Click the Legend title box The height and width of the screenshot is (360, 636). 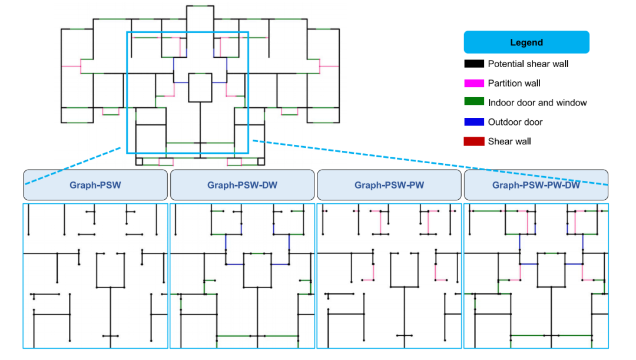[x=526, y=42]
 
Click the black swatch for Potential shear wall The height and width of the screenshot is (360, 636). [x=474, y=64]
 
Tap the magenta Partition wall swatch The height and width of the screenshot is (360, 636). [x=474, y=83]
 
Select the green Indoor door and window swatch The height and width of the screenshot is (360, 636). [x=474, y=101]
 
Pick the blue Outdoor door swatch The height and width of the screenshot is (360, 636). [x=474, y=122]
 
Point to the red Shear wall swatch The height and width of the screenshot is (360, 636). [x=474, y=141]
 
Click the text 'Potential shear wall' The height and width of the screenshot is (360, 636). [x=528, y=64]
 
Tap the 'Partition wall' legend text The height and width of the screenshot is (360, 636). [x=514, y=83]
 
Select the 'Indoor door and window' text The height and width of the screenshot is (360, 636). [x=538, y=103]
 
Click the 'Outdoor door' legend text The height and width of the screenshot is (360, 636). [x=515, y=122]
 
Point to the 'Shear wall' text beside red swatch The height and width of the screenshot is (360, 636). [x=509, y=141]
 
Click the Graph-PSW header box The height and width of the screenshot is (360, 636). [x=95, y=185]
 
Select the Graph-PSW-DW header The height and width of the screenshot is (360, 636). [x=242, y=185]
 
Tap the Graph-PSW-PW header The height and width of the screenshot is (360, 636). [x=389, y=185]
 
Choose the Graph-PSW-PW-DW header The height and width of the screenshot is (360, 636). [x=536, y=185]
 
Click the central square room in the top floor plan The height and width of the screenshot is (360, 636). [x=200, y=74]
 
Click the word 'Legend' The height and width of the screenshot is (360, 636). [x=526, y=42]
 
